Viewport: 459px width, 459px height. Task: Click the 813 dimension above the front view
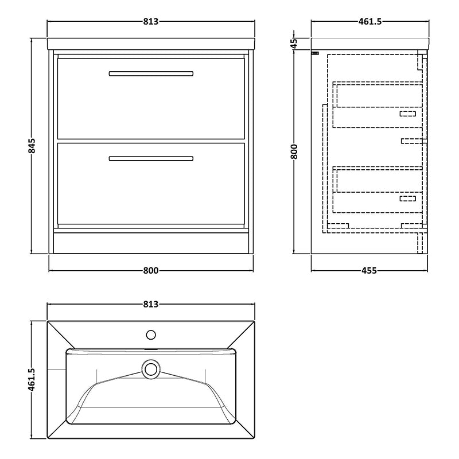click(150, 22)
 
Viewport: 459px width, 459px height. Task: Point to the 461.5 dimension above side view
click(370, 22)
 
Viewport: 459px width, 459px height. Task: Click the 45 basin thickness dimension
click(294, 43)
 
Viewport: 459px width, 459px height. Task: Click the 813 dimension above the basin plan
click(150, 304)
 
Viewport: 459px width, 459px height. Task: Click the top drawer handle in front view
click(151, 73)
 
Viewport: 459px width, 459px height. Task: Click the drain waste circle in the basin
click(151, 369)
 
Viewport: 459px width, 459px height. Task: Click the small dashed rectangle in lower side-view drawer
click(407, 199)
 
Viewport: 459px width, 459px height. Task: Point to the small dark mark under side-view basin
click(314, 53)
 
